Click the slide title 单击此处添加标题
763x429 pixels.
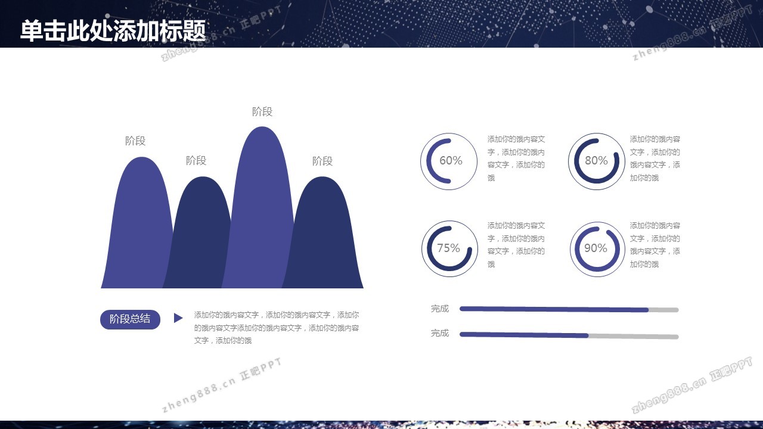113,30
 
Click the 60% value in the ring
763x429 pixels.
451,160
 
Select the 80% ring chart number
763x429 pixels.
596,160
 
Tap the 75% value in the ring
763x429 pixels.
448,248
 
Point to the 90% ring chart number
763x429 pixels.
595,248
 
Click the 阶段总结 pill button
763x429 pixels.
130,319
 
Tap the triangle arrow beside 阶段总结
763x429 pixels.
178,318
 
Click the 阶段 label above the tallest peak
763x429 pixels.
262,111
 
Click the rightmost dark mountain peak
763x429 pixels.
324,235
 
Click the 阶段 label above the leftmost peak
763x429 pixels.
135,141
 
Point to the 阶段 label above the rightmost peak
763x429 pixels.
322,161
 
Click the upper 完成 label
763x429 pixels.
440,309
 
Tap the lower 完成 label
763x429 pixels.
440,333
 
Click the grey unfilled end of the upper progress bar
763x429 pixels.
663,310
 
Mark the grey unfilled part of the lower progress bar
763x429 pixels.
634,337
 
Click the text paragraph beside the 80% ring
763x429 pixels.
655,158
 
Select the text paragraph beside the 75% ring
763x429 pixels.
516,245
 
